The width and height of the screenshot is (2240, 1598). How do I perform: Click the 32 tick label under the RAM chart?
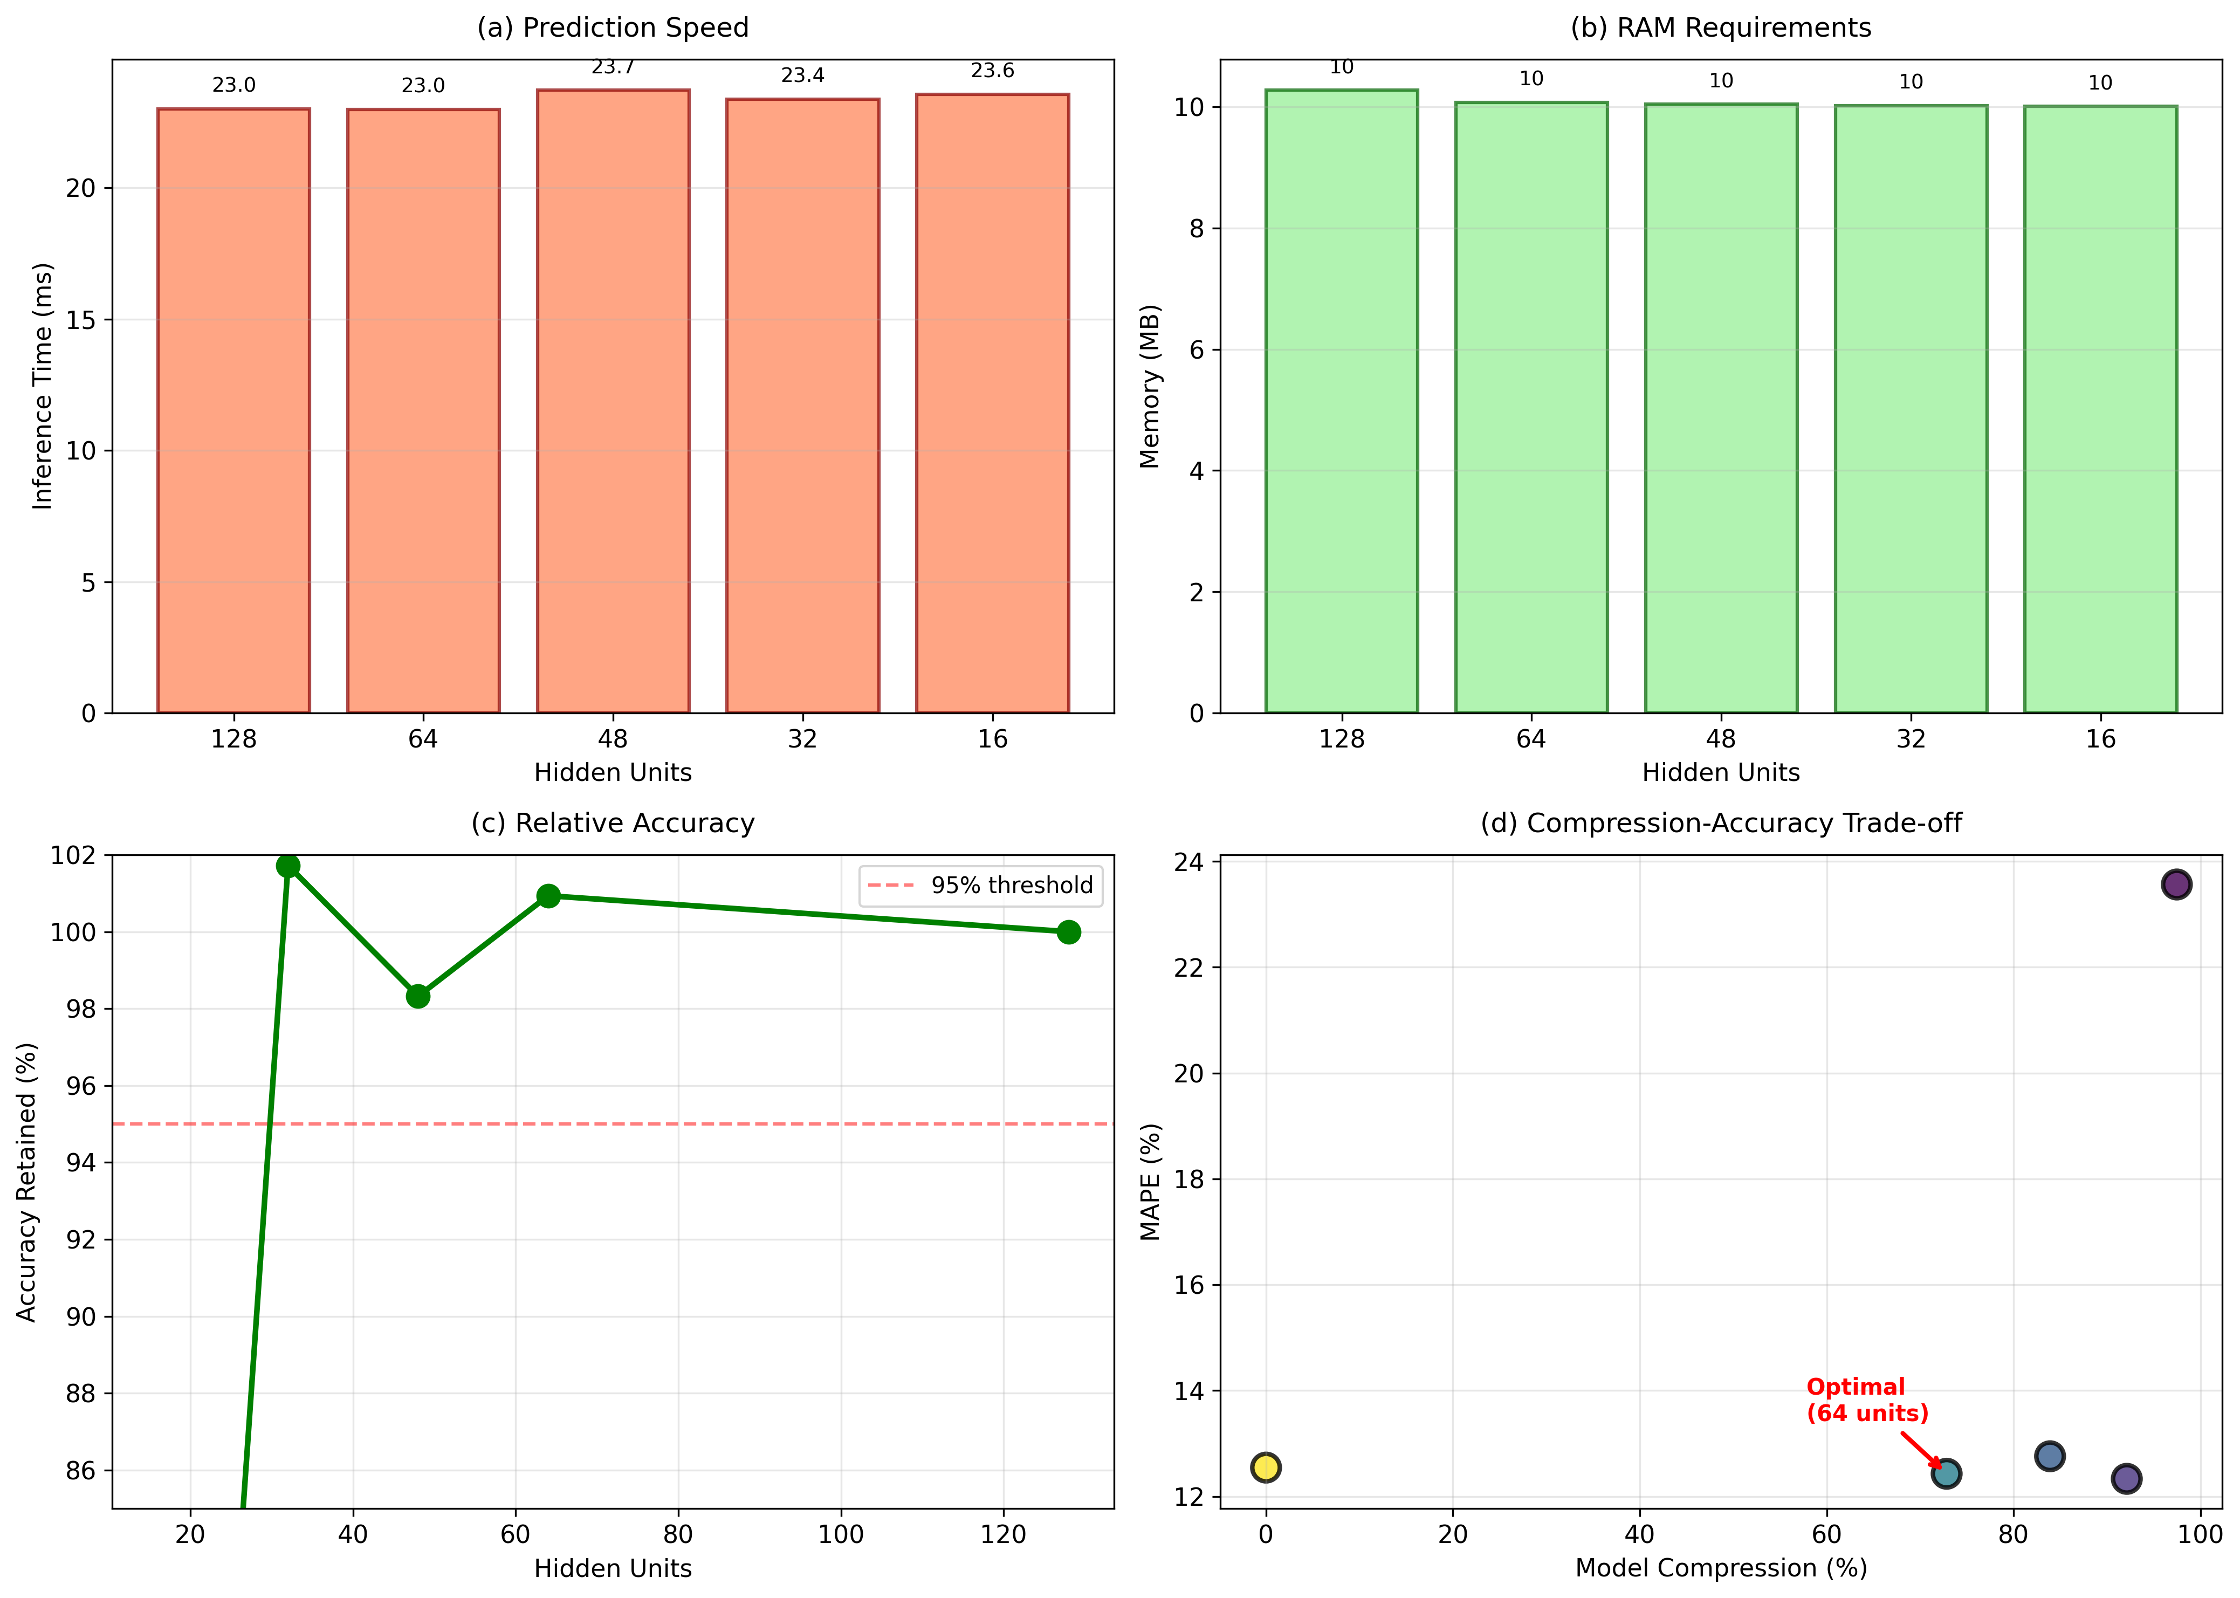[x=1911, y=739]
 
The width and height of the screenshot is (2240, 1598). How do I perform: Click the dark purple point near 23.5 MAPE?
[x=2176, y=884]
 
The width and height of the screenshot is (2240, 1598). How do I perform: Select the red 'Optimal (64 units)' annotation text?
[x=1867, y=1400]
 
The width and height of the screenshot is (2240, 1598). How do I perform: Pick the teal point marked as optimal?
[x=1946, y=1473]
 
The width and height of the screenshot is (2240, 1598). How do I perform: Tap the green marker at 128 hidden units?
[x=1068, y=932]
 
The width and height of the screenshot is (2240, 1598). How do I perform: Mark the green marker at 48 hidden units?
[x=418, y=997]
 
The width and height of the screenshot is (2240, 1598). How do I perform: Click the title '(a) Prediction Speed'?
[x=613, y=28]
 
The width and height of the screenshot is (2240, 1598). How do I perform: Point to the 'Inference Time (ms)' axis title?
[x=42, y=386]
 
